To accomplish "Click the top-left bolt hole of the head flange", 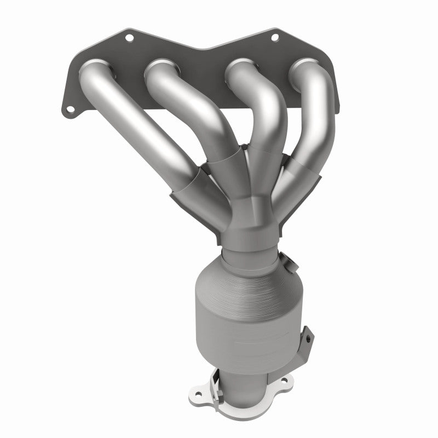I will pos(130,38).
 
